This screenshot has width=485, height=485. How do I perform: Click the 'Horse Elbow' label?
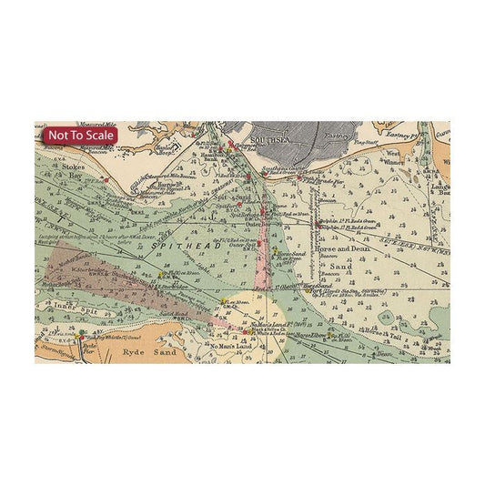coord(310,335)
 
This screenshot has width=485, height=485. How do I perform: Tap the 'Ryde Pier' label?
coord(89,348)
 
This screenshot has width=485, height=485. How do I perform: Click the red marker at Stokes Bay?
coord(106,180)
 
